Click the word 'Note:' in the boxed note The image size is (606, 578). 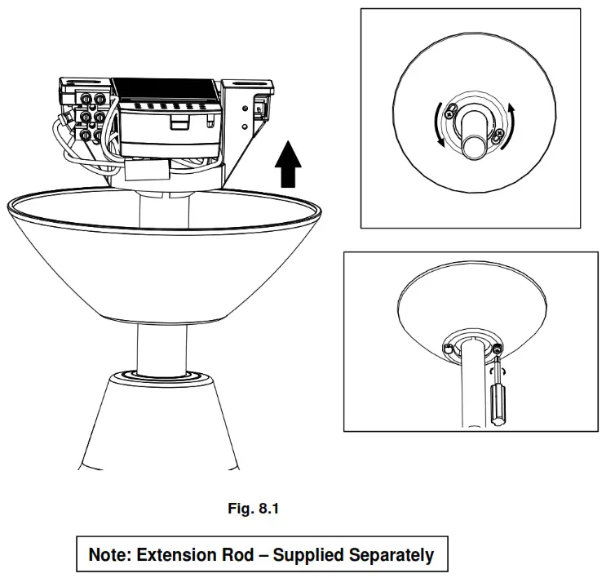[110, 555]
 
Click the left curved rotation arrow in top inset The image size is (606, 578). [439, 125]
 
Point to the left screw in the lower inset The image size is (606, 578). [449, 349]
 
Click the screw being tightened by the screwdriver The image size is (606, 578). [497, 350]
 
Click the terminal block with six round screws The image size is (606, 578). [92, 115]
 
